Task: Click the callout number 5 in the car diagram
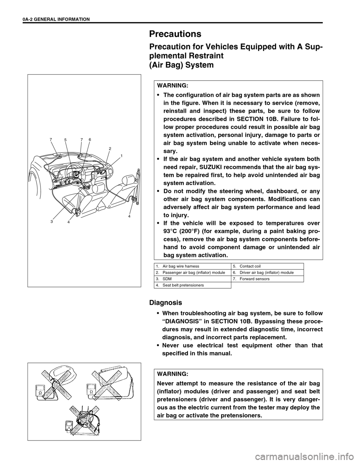pyautogui.click(x=65, y=139)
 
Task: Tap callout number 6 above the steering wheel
pyautogui.click(x=90, y=139)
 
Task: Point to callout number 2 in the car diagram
pyautogui.click(x=110, y=148)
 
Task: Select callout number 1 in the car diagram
pyautogui.click(x=122, y=155)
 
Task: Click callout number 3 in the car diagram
pyautogui.click(x=51, y=221)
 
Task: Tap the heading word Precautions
pyautogui.click(x=175, y=34)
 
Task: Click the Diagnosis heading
pyautogui.click(x=165, y=302)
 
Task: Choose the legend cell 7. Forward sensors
pyautogui.click(x=253, y=279)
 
